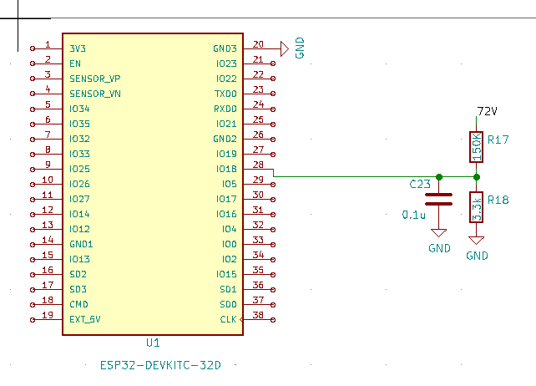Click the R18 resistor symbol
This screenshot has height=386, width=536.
pyautogui.click(x=476, y=206)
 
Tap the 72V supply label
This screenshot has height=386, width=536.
pyautogui.click(x=487, y=111)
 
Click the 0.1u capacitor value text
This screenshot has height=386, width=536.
pyautogui.click(x=414, y=215)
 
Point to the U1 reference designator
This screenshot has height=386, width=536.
pyautogui.click(x=153, y=343)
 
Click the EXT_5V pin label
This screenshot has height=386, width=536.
pyautogui.click(x=85, y=319)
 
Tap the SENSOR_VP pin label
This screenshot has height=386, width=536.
pyautogui.click(x=95, y=79)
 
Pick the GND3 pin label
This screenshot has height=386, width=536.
pyautogui.click(x=225, y=48)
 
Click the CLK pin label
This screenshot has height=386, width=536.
pyautogui.click(x=228, y=319)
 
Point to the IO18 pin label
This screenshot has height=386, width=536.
pyautogui.click(x=226, y=169)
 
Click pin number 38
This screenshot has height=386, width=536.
pyautogui.click(x=258, y=316)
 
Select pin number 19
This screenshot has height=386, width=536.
pyautogui.click(x=48, y=316)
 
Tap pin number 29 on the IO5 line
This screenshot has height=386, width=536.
pyautogui.click(x=258, y=180)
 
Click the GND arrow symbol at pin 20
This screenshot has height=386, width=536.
pyautogui.click(x=284, y=48)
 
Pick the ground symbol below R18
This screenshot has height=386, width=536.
pyautogui.click(x=476, y=240)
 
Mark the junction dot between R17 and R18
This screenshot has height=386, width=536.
pyautogui.click(x=476, y=177)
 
